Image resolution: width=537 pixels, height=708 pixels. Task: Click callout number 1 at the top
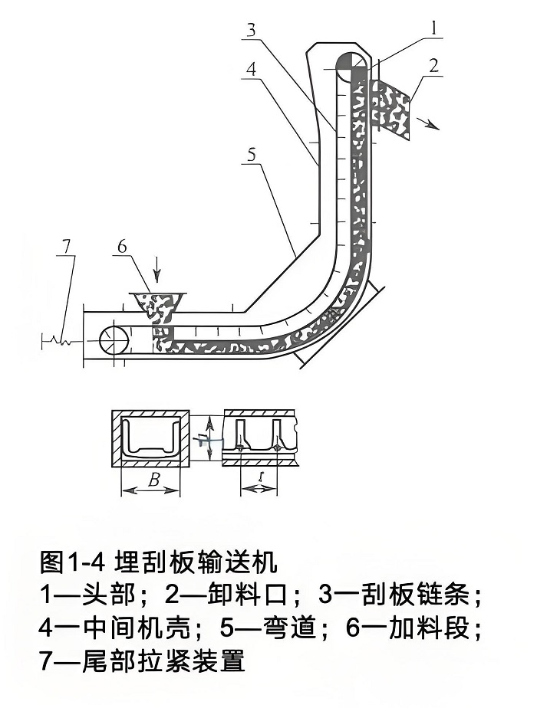[433, 28]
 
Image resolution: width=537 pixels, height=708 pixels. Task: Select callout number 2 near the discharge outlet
[434, 66]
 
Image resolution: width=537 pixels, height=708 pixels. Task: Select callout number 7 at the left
[67, 247]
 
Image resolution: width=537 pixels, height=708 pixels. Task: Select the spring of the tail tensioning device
[60, 338]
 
